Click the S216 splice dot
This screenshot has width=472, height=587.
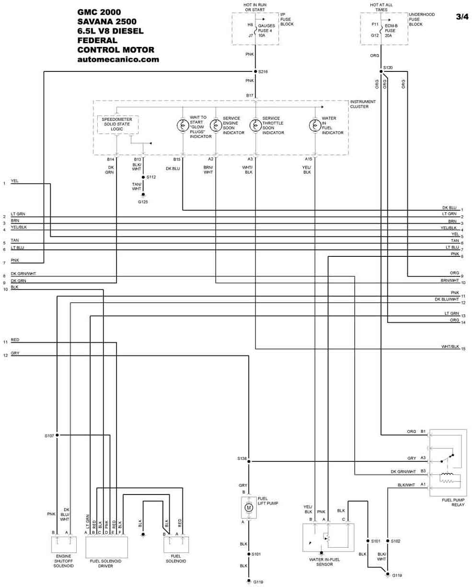click(x=255, y=71)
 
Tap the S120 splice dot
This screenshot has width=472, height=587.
click(x=381, y=71)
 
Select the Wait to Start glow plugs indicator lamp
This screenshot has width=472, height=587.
click(x=183, y=126)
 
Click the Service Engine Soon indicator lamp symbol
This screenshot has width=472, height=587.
click(x=216, y=126)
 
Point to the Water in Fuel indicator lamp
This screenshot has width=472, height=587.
click(x=315, y=126)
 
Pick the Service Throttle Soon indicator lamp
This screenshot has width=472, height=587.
click(x=255, y=126)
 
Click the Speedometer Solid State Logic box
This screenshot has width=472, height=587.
click(x=117, y=125)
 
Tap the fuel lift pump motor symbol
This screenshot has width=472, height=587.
click(x=249, y=507)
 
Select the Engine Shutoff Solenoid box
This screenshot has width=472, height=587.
click(x=64, y=545)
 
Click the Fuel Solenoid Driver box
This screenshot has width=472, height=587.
click(x=107, y=547)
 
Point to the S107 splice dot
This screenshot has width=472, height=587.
click(x=57, y=435)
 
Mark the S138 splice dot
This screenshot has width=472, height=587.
click(x=249, y=461)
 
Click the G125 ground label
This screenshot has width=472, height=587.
click(x=143, y=202)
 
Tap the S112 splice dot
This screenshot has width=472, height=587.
click(x=143, y=177)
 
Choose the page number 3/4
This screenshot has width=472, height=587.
click(x=462, y=17)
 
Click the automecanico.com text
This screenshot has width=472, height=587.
click(x=118, y=59)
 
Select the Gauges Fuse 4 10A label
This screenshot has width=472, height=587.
click(x=266, y=31)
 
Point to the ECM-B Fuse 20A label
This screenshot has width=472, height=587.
click(x=391, y=31)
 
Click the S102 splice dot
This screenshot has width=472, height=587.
click(x=387, y=541)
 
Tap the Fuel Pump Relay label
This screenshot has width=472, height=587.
click(x=453, y=503)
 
